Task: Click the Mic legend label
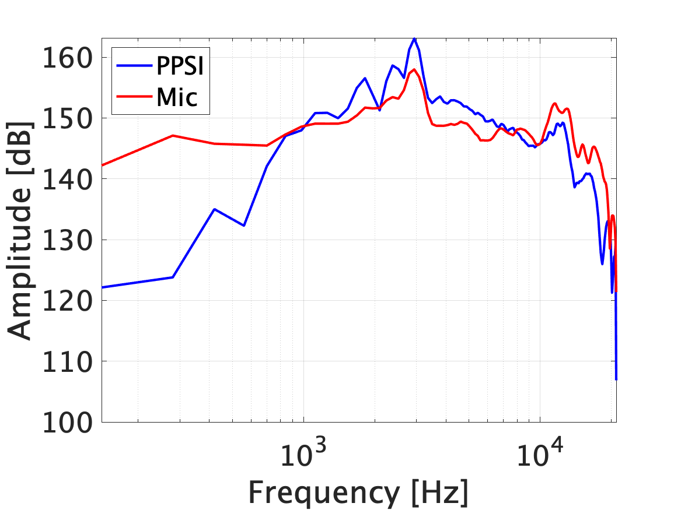(x=176, y=99)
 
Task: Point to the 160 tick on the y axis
(x=67, y=58)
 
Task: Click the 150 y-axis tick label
(x=67, y=118)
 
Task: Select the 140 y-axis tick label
(x=67, y=179)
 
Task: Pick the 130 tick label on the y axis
(x=67, y=240)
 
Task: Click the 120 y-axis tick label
(x=67, y=301)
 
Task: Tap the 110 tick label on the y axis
(x=67, y=361)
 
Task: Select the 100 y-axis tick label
(x=67, y=422)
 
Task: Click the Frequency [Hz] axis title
(x=358, y=493)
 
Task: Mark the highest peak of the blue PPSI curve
(x=414, y=38)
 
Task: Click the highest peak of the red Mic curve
(x=414, y=69)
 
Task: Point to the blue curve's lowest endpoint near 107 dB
(x=616, y=379)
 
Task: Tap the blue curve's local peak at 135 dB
(x=215, y=209)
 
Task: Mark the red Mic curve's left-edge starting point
(x=102, y=166)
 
